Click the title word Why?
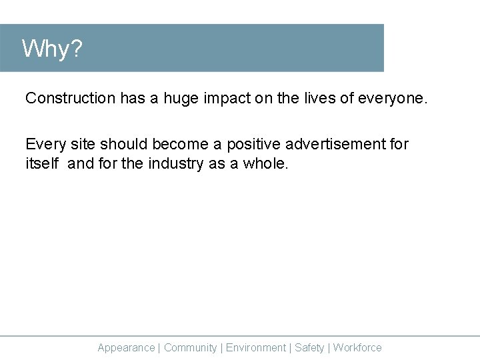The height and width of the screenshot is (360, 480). [x=52, y=49]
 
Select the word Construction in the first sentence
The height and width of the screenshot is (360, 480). [x=70, y=98]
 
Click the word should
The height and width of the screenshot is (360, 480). [x=123, y=144]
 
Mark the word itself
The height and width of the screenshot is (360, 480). [x=42, y=163]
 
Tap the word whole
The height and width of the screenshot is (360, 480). [x=266, y=163]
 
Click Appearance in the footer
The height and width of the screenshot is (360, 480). [x=126, y=347]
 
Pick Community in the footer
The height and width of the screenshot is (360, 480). [x=190, y=347]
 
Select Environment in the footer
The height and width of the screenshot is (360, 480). [x=256, y=347]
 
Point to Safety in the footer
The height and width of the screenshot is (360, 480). [x=309, y=347]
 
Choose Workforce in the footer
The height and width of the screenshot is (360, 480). [x=357, y=347]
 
